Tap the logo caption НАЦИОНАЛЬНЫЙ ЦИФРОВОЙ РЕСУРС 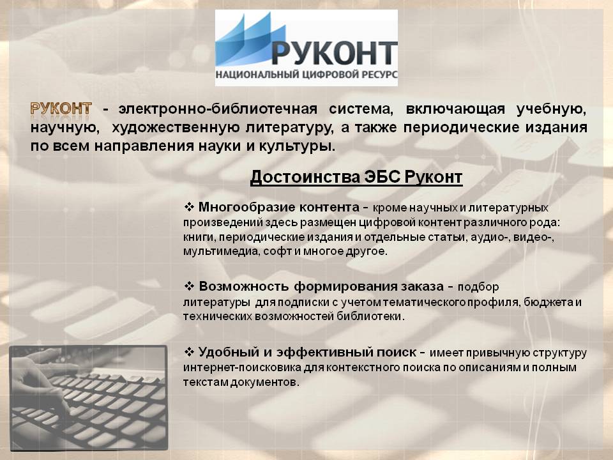tap(306, 74)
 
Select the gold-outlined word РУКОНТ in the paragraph tap(61, 109)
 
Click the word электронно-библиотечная tap(218, 109)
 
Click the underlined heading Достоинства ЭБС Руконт tap(356, 177)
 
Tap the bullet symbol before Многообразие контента tap(189, 207)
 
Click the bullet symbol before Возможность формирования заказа tap(189, 286)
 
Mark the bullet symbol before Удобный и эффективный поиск tap(189, 352)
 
